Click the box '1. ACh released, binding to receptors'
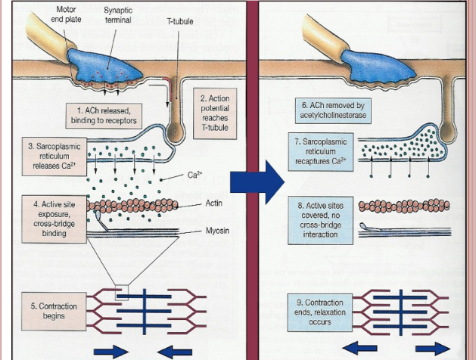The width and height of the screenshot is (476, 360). click(104, 116)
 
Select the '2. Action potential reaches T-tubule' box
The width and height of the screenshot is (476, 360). click(215, 113)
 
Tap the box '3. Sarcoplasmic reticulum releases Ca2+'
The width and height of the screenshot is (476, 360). click(54, 157)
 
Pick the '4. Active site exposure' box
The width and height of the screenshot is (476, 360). click(54, 219)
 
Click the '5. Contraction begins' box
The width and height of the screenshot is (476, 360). click(54, 311)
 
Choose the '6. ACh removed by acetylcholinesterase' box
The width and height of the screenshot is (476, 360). click(333, 110)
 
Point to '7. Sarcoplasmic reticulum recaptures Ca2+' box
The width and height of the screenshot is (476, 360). click(321, 152)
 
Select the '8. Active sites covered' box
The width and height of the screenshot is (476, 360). click(320, 220)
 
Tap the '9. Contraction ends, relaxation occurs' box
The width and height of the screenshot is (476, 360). click(320, 312)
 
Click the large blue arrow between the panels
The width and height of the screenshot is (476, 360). click(257, 182)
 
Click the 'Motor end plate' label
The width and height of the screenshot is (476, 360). click(66, 14)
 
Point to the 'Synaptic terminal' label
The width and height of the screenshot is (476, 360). click(118, 15)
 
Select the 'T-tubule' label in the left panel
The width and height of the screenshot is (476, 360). click(180, 21)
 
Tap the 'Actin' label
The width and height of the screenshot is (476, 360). click(214, 203)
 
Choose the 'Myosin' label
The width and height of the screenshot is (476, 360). click(217, 231)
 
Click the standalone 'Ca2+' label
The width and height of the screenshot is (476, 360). click(195, 175)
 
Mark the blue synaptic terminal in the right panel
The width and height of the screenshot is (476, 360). click(378, 68)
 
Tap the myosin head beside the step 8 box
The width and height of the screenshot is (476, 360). click(364, 225)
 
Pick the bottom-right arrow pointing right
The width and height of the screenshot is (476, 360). click(433, 349)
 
